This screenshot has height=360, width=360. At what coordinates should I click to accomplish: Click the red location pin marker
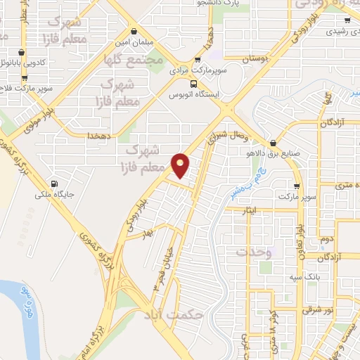tap(181, 165)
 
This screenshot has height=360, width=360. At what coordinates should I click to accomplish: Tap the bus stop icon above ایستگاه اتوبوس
tap(194, 84)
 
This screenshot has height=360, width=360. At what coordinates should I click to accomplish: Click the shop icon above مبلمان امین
tap(134, 31)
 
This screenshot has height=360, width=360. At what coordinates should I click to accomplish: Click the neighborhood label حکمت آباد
tap(178, 316)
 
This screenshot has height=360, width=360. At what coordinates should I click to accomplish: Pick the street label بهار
tap(146, 233)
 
